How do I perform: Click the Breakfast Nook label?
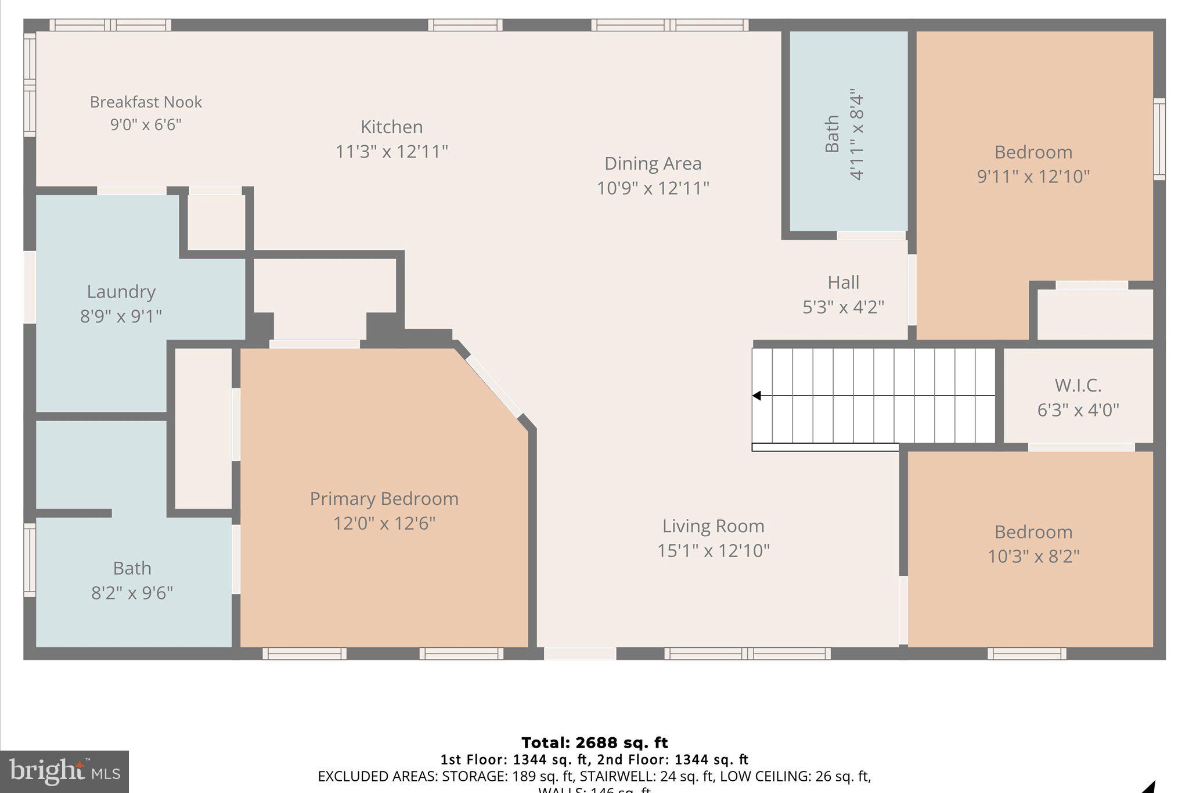146,102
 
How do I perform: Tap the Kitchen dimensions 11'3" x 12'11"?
392,152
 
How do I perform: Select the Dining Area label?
653,164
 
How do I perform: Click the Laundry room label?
121,292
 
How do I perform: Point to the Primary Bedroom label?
384,499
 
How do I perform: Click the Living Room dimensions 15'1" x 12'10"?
713,551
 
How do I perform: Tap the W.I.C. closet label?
1078,386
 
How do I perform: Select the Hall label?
843,283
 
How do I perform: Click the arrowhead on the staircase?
756,396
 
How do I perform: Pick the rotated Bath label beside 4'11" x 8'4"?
832,134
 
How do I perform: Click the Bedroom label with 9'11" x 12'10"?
1033,152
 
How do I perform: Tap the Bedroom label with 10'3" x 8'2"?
1033,532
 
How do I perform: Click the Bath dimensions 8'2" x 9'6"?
132,593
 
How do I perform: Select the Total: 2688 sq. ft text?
594,742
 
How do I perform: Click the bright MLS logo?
64,772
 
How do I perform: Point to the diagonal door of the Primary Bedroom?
493,386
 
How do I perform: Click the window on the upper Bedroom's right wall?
1159,139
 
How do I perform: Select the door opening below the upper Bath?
871,235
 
